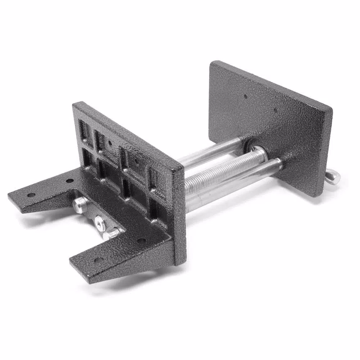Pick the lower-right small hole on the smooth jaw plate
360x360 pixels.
(x=275, y=110)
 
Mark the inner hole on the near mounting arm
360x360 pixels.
(x=141, y=240)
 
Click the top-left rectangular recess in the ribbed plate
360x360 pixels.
(x=84, y=129)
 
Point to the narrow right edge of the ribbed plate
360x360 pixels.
(x=180, y=216)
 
